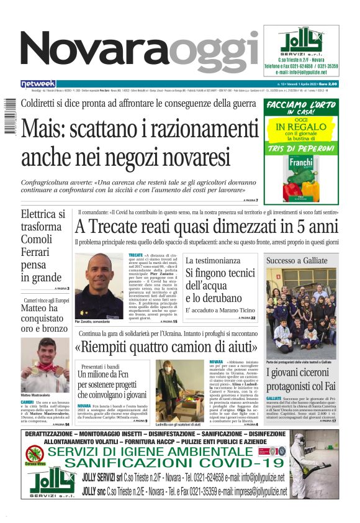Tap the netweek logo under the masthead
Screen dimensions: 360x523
(38, 84)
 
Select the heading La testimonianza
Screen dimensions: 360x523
(213, 261)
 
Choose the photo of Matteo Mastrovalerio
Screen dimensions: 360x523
(45, 364)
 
